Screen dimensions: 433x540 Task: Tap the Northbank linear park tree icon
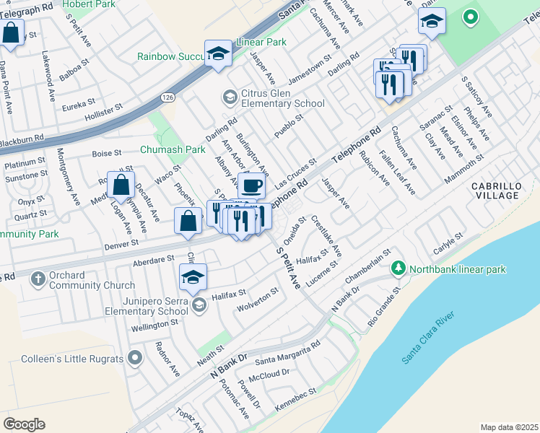coord(397,268)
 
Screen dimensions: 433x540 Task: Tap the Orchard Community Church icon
coord(37,276)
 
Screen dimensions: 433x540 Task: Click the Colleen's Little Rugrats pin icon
coord(134,357)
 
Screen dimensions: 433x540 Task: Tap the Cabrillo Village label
coord(495,191)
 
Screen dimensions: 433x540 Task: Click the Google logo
coord(24,424)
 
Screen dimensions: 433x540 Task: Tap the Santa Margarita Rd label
coord(287,354)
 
